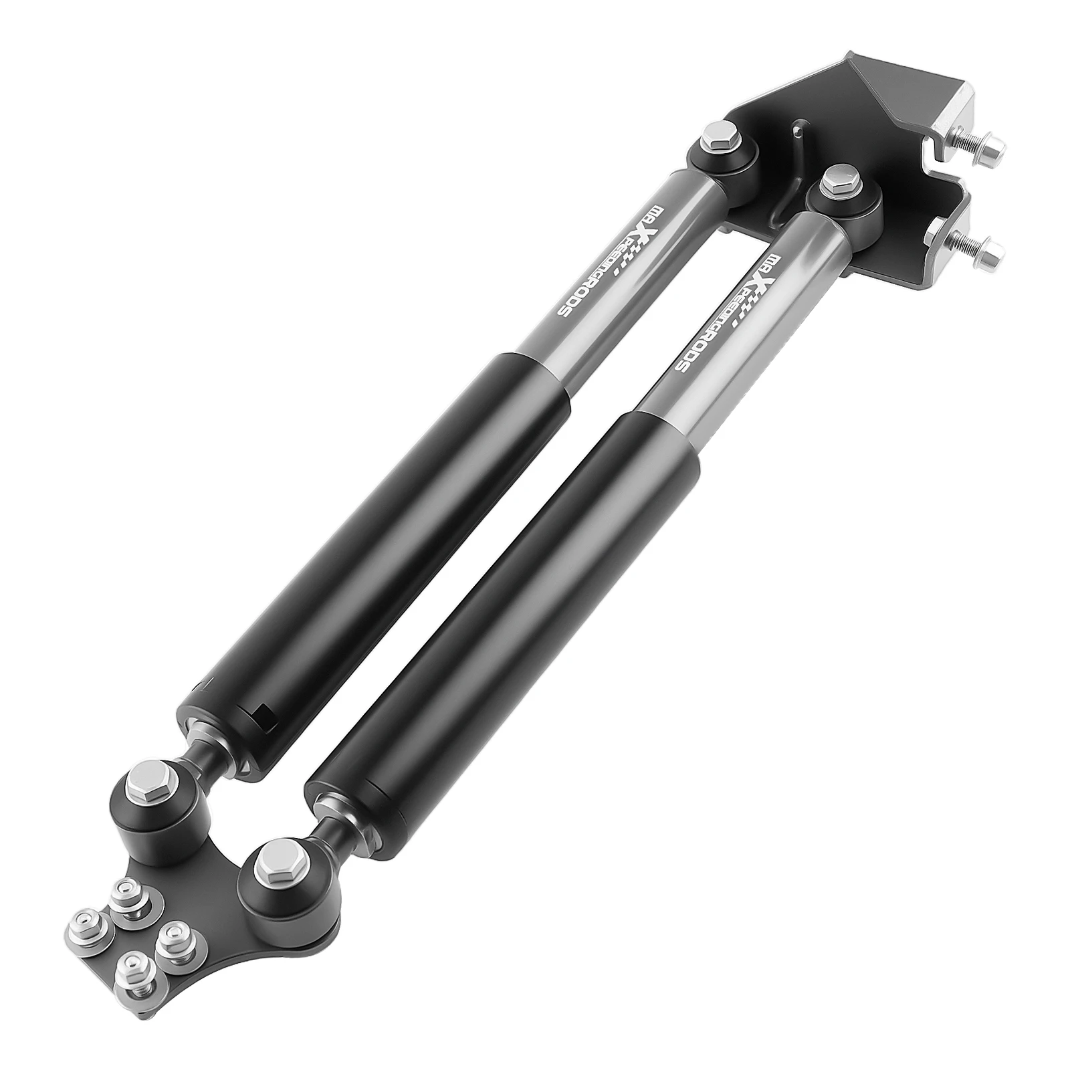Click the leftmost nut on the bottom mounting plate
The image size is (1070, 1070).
tap(86, 926)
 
